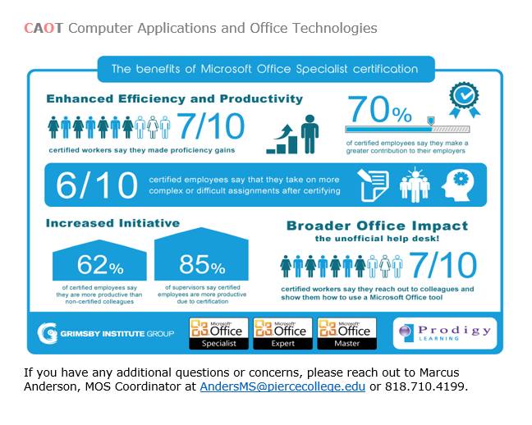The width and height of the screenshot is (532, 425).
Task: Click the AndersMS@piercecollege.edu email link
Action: [x=282, y=386]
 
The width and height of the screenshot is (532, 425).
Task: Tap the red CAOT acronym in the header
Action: [x=44, y=28]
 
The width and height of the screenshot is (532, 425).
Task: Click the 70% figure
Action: [x=380, y=109]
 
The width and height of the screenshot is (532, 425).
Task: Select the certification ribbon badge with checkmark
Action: [x=465, y=100]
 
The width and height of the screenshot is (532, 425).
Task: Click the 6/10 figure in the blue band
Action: [x=97, y=185]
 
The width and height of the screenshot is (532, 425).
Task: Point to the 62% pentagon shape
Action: [x=99, y=260]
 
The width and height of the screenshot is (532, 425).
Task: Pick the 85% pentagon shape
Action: [x=201, y=254]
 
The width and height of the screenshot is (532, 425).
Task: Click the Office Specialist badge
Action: [x=219, y=333]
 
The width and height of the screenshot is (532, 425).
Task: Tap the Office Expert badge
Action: [x=282, y=333]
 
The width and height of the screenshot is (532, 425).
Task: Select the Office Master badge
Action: [x=346, y=333]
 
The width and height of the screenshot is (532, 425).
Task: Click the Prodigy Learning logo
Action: [x=445, y=333]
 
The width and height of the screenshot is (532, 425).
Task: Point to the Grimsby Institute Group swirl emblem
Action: [x=47, y=333]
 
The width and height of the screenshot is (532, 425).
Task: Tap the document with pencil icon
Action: [x=373, y=185]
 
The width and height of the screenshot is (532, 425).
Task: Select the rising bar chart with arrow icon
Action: [x=282, y=139]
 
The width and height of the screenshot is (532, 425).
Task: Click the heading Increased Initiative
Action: [x=112, y=223]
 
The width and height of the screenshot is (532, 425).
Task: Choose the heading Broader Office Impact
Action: [x=377, y=226]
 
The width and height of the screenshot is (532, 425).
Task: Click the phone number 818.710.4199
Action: [x=425, y=386]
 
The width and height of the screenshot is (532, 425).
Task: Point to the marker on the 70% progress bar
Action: [x=430, y=121]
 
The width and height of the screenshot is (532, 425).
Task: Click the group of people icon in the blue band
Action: [x=415, y=185]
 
